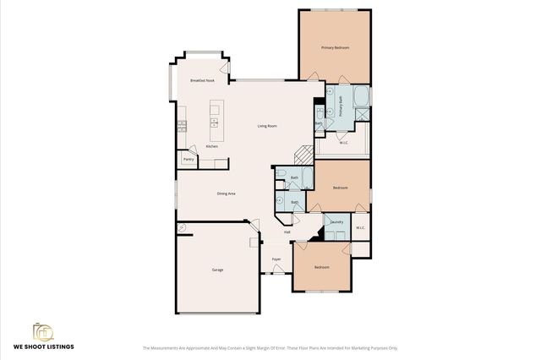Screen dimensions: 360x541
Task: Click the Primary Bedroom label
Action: coord(335,48)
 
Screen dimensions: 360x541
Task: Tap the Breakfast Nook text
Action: coord(202,80)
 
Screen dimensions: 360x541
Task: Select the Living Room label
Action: coord(267,126)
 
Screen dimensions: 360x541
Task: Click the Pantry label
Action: coord(189,158)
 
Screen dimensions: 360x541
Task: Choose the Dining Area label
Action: coord(226,194)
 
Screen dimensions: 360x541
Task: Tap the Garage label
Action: coord(217,270)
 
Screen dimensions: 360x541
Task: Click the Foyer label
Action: coord(276,259)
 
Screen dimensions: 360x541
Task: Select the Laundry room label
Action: coord(336,222)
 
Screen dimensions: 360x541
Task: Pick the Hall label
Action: coord(287,232)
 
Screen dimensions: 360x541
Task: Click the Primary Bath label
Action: coord(342,107)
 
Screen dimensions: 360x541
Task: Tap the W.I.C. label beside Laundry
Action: coord(360,226)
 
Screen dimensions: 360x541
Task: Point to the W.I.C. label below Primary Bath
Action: coord(344,143)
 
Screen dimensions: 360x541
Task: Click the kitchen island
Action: coord(215,118)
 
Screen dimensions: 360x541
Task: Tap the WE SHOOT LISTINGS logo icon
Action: coord(43,331)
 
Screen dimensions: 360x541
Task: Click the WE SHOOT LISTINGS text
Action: coord(43,347)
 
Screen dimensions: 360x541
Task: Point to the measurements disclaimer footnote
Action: coord(270,347)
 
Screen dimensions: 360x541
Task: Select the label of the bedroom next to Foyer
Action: coord(321,267)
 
